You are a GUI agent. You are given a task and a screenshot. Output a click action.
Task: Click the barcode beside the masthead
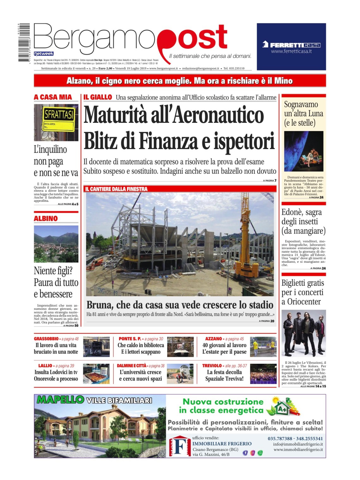click(23, 42)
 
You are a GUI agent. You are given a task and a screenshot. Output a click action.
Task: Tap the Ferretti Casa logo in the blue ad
click(291, 45)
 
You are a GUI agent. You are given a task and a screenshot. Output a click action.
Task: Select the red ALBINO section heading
click(46, 219)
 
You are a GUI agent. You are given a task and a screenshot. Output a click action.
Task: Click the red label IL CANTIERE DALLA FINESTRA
click(116, 189)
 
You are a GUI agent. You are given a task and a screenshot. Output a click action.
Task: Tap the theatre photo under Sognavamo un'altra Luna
click(303, 151)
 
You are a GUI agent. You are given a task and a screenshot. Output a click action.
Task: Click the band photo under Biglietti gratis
click(303, 333)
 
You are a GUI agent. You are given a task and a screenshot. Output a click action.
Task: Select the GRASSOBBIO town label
click(47, 339)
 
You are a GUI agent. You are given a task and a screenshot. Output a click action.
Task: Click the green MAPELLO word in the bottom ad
click(60, 400)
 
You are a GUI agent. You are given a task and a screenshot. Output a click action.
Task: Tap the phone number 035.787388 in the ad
click(280, 438)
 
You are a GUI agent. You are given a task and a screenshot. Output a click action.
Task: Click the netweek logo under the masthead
click(44, 53)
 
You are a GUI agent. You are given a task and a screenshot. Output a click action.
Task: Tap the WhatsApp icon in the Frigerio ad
click(260, 453)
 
